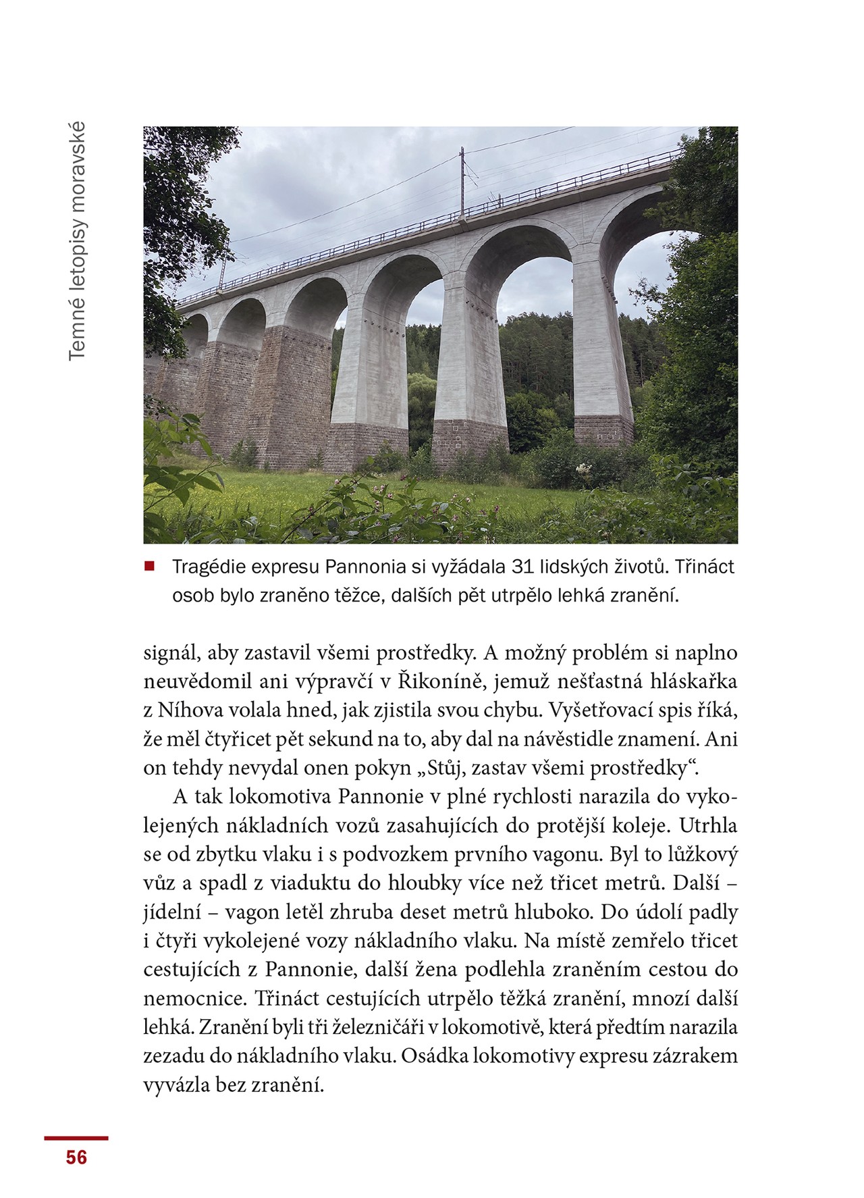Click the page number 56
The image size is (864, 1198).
tap(76, 1157)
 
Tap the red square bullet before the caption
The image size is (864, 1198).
tap(149, 566)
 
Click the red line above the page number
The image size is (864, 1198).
tap(76, 1138)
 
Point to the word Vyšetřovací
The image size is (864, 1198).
tap(602, 710)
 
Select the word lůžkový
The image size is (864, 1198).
tap(702, 854)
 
